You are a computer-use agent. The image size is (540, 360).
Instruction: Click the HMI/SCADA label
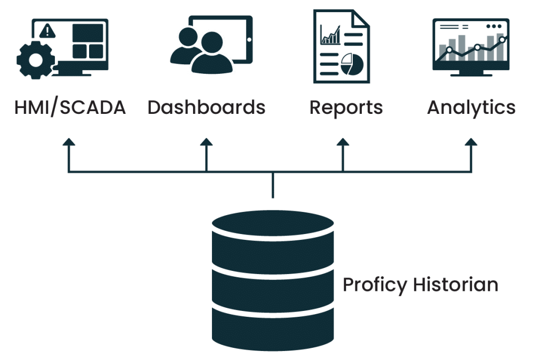70,108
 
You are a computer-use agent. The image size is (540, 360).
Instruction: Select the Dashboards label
206,108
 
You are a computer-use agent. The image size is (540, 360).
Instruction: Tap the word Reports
346,108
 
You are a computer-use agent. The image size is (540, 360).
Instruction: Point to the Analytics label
471,108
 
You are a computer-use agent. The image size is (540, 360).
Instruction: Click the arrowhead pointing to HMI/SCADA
68,142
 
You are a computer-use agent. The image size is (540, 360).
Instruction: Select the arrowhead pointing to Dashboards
206,142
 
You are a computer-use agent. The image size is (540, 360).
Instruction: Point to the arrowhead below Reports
343,142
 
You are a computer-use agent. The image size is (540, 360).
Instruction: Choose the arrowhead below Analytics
471,142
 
